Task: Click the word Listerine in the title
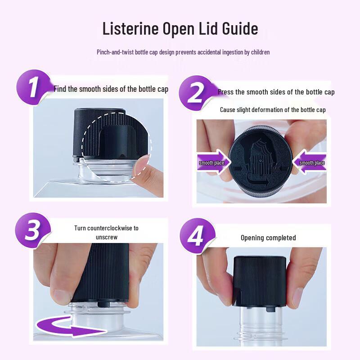point(130,28)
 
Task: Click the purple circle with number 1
point(33,87)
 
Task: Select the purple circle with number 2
point(196,93)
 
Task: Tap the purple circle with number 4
point(197,236)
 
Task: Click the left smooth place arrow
point(213,162)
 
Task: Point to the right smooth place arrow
point(309,162)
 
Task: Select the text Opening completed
point(268,238)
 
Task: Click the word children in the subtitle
point(260,52)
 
